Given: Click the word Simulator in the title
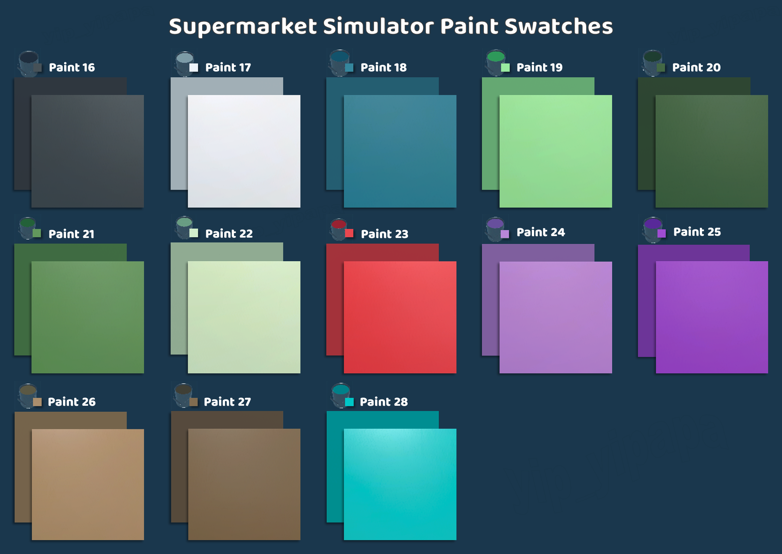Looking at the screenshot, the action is (378, 26).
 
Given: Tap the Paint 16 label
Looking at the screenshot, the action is (72, 68).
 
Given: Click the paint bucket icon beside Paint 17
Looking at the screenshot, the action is (184, 63).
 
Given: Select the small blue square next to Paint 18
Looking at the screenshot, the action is (349, 68).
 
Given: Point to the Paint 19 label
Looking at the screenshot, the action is (539, 68).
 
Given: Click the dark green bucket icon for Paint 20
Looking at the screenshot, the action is (652, 63).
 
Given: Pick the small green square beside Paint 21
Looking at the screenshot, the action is (37, 233).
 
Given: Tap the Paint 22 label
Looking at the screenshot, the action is (229, 234).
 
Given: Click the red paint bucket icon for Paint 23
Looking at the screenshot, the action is (338, 229).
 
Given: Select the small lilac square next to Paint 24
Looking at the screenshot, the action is (505, 234).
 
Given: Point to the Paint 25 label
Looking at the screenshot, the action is (697, 232).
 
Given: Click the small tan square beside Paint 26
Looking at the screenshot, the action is (37, 402).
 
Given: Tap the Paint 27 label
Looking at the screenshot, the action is (227, 402).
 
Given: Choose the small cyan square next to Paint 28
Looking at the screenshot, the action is (349, 402).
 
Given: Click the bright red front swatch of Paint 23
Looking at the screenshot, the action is (400, 317).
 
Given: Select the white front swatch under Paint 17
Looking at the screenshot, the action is (244, 151).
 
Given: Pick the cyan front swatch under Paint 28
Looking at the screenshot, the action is (400, 484).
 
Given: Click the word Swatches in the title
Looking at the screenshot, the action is (559, 26).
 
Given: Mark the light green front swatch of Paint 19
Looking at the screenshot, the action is (555, 151).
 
